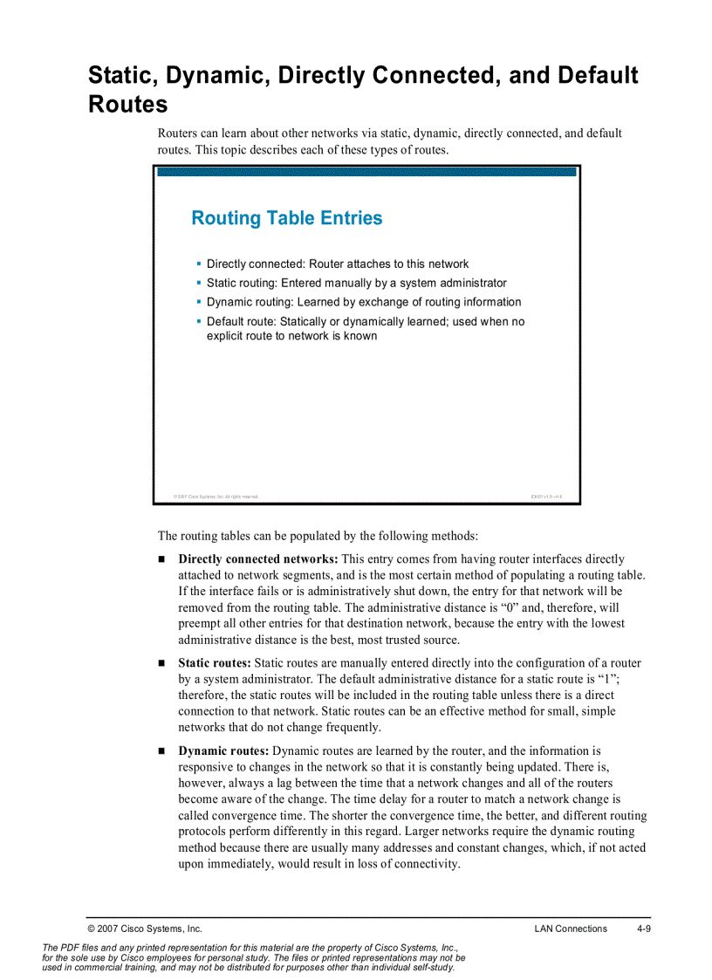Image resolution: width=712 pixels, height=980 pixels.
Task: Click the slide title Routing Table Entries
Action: point(286,218)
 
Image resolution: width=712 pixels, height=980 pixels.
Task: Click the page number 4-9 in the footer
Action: point(644,929)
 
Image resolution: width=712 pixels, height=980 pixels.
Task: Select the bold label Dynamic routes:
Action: point(223,751)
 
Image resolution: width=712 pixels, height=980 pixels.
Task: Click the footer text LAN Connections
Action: point(571,929)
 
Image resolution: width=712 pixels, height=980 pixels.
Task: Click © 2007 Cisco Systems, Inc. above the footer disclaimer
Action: point(145,929)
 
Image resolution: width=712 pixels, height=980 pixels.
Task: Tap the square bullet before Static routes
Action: point(162,664)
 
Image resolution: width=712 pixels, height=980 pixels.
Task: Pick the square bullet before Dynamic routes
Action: point(162,751)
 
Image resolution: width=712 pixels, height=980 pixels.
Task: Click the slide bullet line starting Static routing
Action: point(356,283)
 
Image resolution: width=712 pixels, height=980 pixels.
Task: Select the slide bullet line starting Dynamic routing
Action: point(364,302)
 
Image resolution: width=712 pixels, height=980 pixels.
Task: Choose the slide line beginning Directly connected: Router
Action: point(338,264)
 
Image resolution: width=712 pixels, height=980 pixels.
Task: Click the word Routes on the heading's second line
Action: point(127,105)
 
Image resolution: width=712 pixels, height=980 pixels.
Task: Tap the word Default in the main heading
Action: point(593,76)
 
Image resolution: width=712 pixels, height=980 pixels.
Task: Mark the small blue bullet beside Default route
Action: point(199,320)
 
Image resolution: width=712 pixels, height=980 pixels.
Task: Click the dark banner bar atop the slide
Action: point(366,172)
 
